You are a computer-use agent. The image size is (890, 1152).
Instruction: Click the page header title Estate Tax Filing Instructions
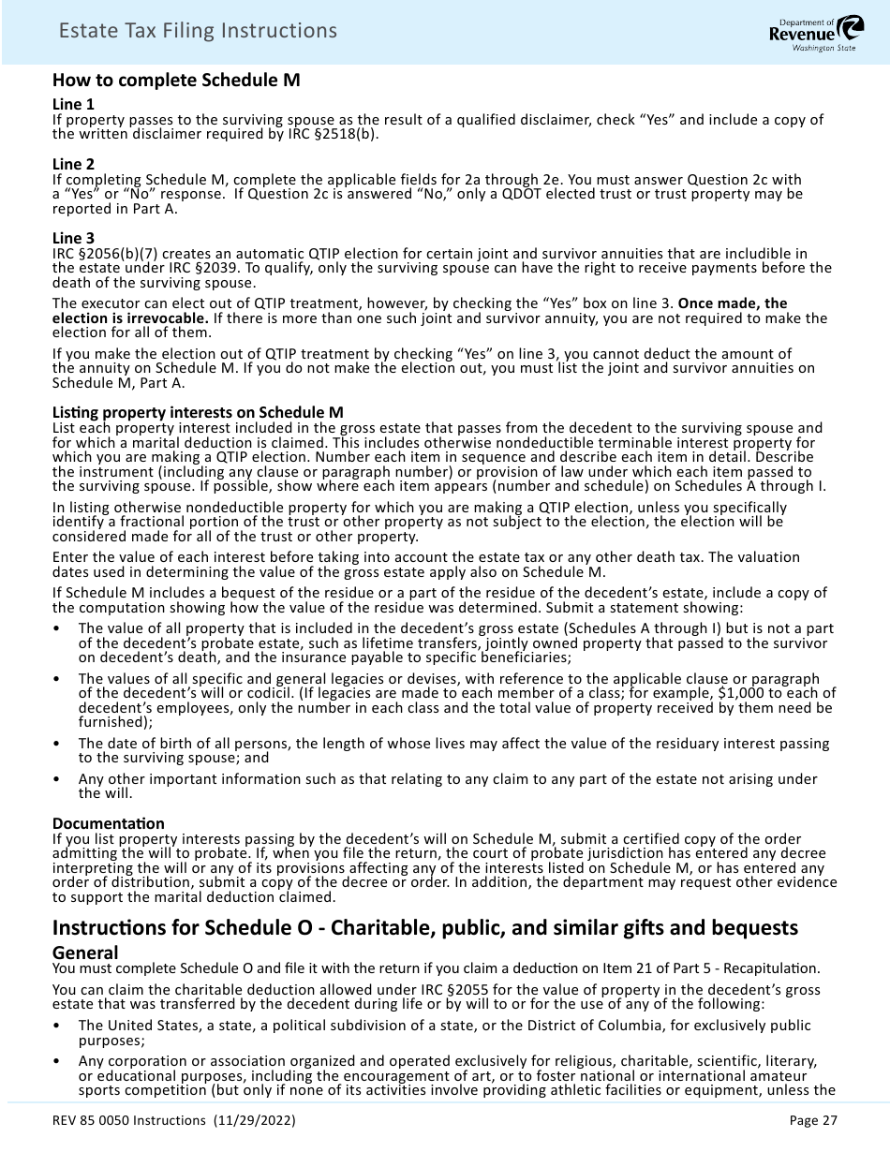197,31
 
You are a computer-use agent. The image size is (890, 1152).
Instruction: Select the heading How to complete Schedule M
176,80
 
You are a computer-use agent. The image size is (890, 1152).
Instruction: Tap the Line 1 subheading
73,104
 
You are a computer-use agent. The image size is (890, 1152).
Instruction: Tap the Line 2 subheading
73,164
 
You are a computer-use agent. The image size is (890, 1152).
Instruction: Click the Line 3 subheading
73,238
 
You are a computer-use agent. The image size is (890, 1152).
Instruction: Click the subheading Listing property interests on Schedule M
198,412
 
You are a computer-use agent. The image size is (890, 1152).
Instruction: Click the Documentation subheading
108,823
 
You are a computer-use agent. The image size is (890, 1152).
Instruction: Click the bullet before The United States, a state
58,1026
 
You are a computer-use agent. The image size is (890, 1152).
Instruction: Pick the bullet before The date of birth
58,744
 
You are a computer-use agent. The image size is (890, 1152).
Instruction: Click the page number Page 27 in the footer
813,1120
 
